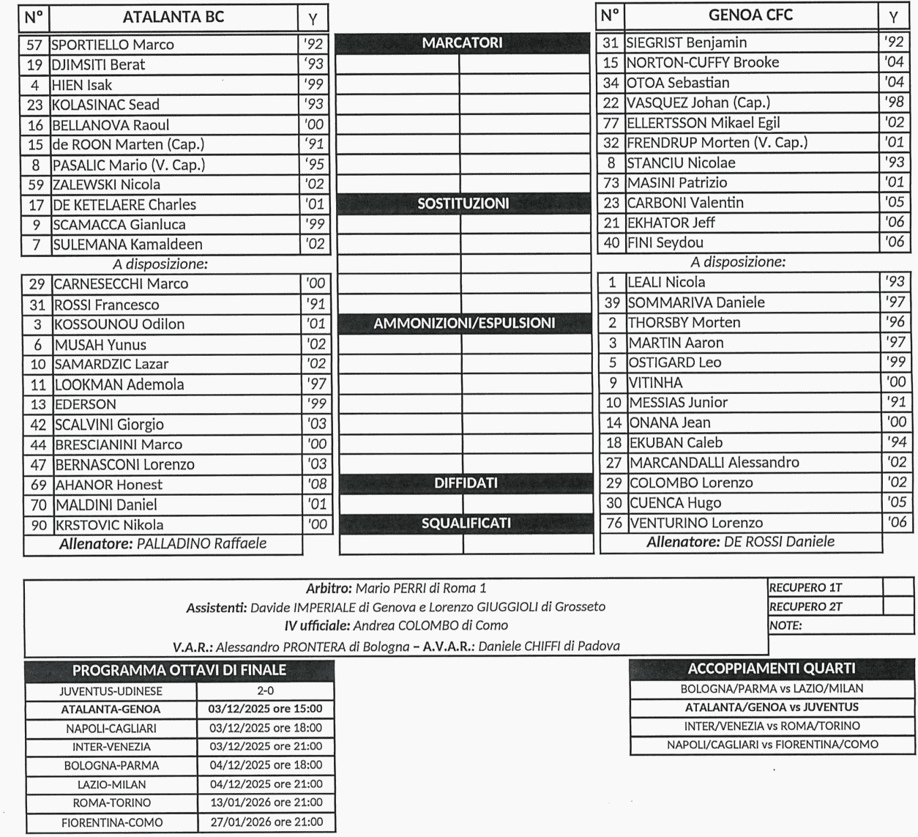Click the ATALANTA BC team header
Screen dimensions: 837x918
[173, 18]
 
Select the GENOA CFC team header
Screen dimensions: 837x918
[750, 15]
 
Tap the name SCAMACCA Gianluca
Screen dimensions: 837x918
[119, 225]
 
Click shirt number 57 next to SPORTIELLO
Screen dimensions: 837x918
[34, 45]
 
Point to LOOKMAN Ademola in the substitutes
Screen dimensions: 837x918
[119, 384]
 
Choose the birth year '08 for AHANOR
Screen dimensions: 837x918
[316, 484]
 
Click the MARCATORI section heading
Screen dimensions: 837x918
[463, 43]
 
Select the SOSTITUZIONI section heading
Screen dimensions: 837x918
[463, 204]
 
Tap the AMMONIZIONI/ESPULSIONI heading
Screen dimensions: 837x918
[464, 323]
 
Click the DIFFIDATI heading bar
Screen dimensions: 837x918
[466, 483]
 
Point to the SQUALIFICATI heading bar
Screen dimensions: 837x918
[466, 524]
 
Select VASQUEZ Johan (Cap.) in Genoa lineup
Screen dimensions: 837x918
[698, 103]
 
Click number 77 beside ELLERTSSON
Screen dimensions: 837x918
[611, 123]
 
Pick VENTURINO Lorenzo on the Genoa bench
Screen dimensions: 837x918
[696, 523]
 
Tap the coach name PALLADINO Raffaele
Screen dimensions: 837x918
[201, 543]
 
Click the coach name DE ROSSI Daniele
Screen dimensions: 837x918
[779, 542]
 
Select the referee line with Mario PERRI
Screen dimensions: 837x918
[396, 588]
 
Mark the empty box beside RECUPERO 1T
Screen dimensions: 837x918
[898, 587]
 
